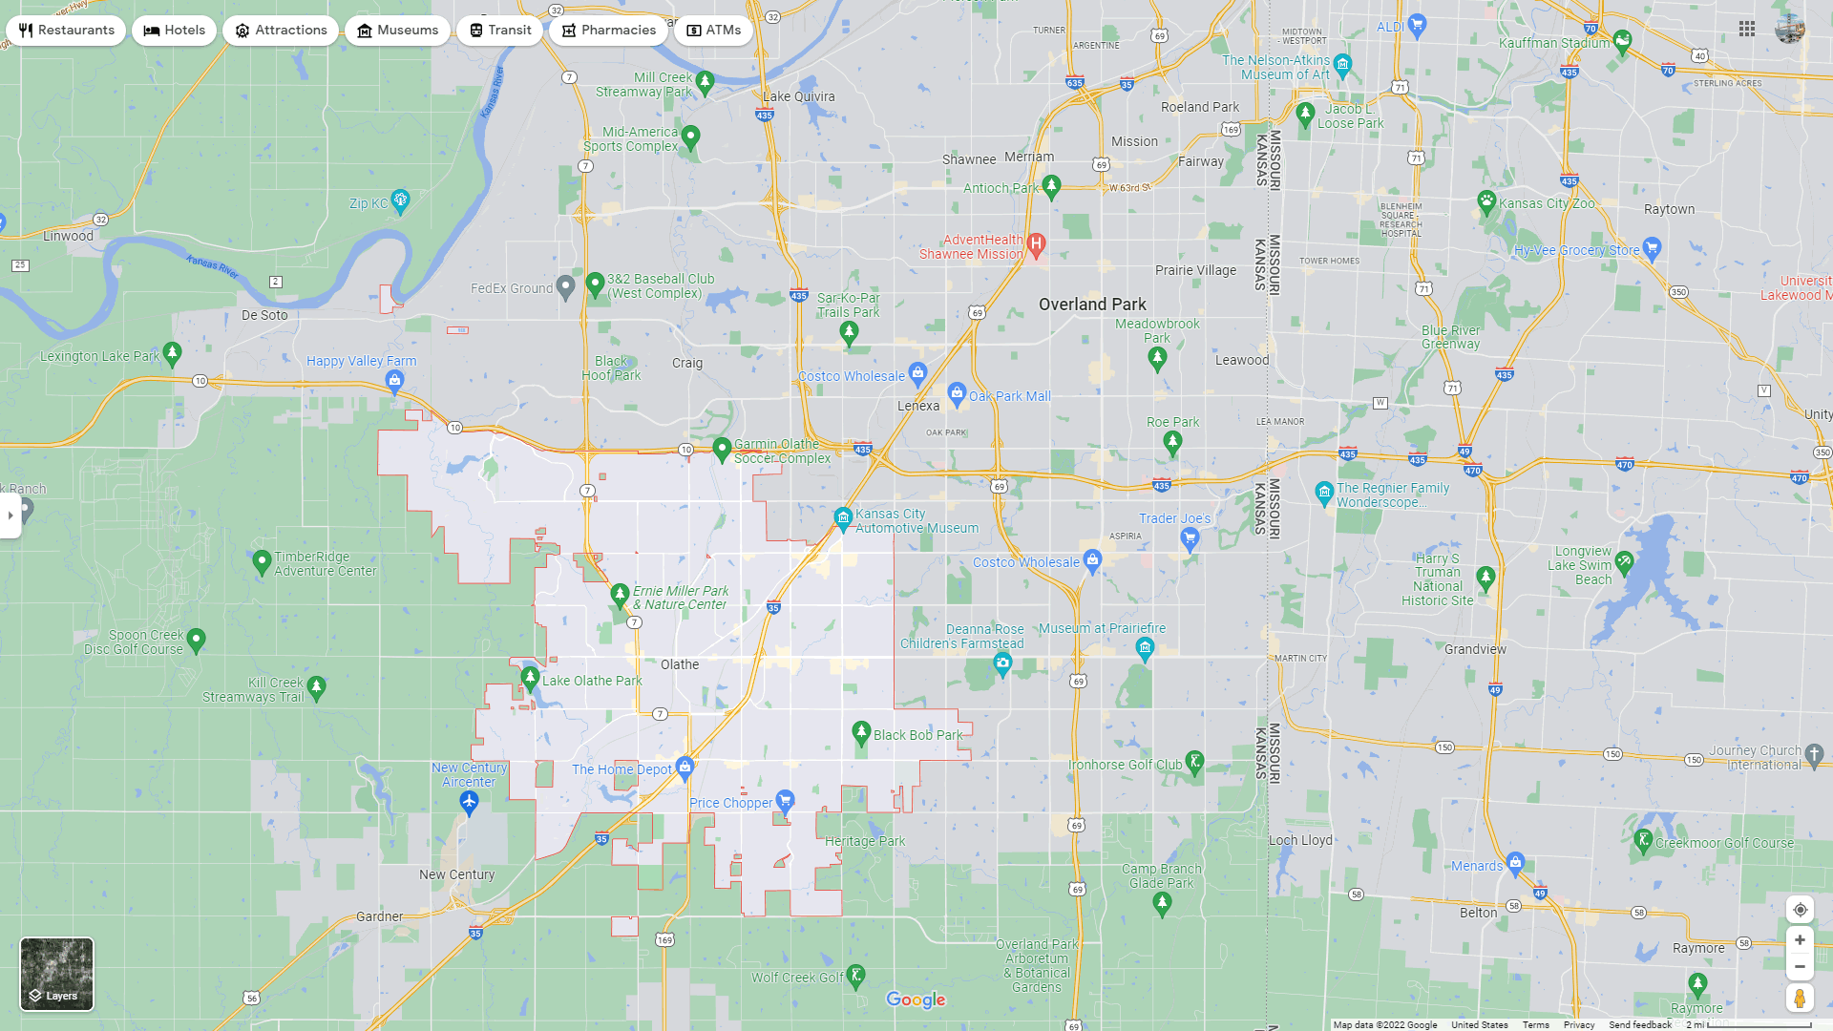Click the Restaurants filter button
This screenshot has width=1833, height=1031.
pos(66,31)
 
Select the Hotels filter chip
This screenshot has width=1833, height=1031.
pos(175,31)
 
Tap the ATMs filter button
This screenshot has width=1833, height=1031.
pos(713,31)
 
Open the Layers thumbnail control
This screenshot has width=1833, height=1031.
pos(57,974)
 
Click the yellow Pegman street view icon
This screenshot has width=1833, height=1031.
pos(1800,999)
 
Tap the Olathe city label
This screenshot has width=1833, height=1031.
pos(680,664)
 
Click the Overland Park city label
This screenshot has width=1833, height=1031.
pos(1092,305)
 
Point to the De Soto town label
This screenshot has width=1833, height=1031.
pos(264,315)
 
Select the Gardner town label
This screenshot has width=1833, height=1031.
pos(380,916)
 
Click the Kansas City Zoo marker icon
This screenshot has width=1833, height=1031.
pos(1486,201)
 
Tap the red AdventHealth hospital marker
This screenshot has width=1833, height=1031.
pos(1037,244)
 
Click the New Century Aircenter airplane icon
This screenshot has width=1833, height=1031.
pos(469,803)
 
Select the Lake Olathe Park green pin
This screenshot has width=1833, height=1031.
pos(530,679)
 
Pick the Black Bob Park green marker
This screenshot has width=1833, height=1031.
pos(861,732)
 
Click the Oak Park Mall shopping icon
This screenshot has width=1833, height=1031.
pos(957,393)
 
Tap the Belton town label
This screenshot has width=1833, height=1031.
pos(1479,913)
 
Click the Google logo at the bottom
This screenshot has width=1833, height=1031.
pos(916,999)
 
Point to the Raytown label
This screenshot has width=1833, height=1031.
pos(1670,209)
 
